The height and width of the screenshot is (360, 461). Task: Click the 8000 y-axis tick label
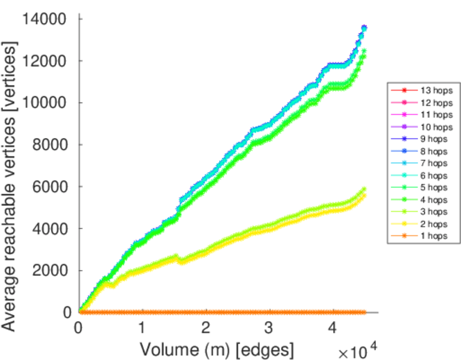coord(52,145)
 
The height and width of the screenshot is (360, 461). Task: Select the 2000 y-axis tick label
coord(52,271)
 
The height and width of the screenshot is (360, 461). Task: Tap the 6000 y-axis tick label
coord(52,187)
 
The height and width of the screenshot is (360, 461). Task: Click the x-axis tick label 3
coord(270,328)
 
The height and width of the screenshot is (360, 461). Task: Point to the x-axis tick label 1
coord(142,328)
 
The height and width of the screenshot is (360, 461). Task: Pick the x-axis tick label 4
coord(333,328)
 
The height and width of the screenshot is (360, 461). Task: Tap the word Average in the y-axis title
coord(10,295)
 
